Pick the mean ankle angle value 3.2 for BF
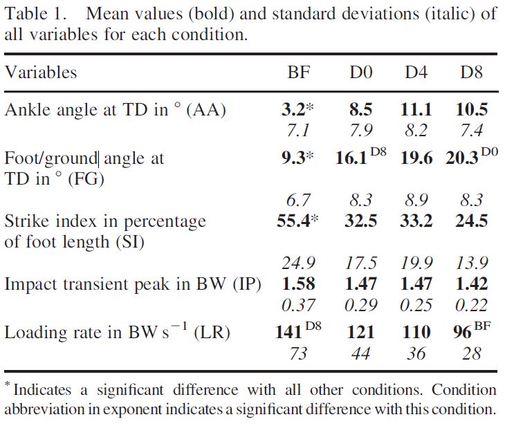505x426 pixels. coord(294,109)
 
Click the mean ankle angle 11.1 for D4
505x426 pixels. coord(415,109)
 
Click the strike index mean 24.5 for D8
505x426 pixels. coord(470,222)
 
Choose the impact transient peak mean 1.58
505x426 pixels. coord(298,284)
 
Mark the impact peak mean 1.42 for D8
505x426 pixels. coord(470,284)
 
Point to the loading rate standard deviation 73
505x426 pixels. coord(298,354)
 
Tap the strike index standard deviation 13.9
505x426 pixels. coord(470,263)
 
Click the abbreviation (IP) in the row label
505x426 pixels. coord(246,284)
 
